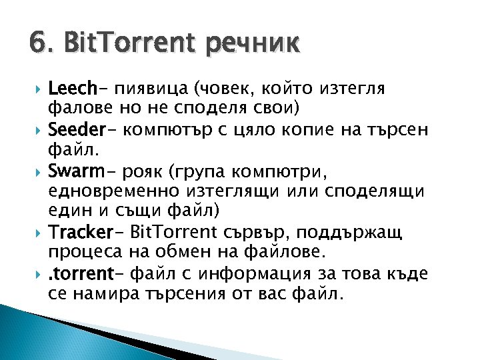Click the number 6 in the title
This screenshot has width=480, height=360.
point(37,45)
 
